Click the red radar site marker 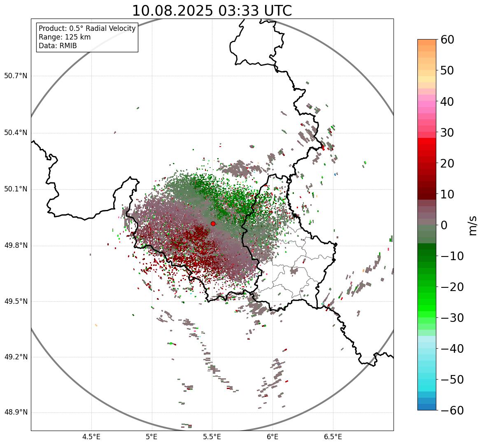click(x=213, y=224)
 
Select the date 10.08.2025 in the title click(x=172, y=11)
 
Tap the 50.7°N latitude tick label click(x=16, y=76)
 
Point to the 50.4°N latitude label click(x=16, y=133)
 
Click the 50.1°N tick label click(x=16, y=189)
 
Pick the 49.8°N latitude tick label click(x=16, y=246)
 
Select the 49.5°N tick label click(x=16, y=301)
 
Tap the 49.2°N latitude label click(x=16, y=357)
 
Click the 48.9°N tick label click(x=16, y=412)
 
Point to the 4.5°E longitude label click(x=91, y=437)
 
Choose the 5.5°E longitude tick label click(x=212, y=437)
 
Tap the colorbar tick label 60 click(x=447, y=40)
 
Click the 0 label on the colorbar click(x=444, y=225)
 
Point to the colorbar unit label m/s click(x=473, y=225)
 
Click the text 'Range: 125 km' click(x=65, y=37)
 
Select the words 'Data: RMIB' click(x=58, y=46)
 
